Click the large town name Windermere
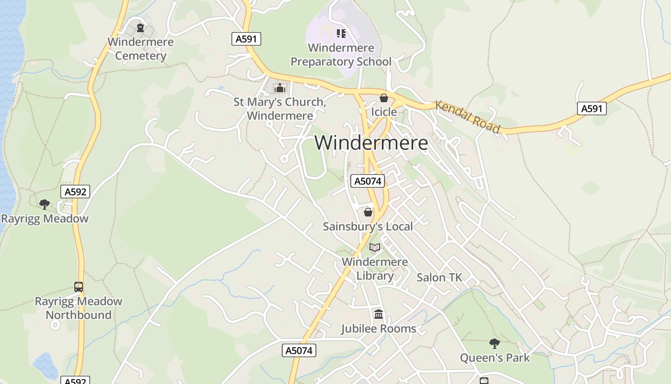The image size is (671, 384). tap(371, 143)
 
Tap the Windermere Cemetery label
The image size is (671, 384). tap(140, 48)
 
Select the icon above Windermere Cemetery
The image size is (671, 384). tap(140, 28)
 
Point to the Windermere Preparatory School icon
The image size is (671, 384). tap(341, 33)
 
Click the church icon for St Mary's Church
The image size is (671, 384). tap(279, 88)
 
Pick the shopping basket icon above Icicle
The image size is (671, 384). tap(383, 98)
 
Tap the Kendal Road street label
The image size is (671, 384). tap(468, 117)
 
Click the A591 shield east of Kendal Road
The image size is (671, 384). tap(591, 108)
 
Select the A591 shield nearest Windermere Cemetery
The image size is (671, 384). tap(246, 39)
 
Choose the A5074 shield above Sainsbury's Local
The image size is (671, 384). tap(368, 181)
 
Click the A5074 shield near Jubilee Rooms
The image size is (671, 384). tap(299, 350)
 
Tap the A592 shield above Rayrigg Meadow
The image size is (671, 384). tap(76, 192)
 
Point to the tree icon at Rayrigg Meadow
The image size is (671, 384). tap(45, 204)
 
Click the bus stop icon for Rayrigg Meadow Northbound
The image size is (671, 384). tap(79, 287)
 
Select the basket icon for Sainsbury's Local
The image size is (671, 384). tap(368, 212)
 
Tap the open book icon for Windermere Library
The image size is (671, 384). tap(375, 247)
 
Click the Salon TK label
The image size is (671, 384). tap(439, 277)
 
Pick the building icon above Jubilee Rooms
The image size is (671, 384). tap(379, 314)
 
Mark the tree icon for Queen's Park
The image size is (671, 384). tap(495, 344)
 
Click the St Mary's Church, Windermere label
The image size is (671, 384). tap(280, 109)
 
